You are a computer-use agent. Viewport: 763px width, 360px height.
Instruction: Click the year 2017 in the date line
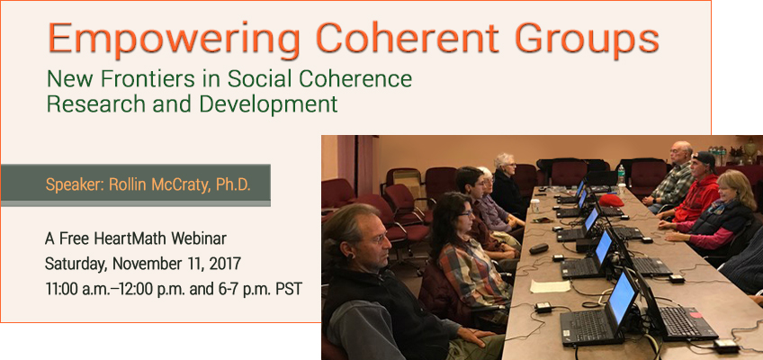point(225,265)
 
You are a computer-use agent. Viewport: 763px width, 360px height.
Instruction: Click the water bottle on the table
point(621,175)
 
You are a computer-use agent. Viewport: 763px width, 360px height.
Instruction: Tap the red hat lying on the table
point(611,200)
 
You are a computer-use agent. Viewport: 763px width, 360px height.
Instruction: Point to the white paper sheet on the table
point(550,286)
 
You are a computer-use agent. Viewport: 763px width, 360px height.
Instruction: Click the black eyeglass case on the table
point(539,248)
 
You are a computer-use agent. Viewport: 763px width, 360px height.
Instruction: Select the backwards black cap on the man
point(705,158)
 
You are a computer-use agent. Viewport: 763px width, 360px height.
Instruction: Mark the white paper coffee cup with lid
point(535,206)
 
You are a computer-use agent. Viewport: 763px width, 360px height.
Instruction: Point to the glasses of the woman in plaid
point(464,213)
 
